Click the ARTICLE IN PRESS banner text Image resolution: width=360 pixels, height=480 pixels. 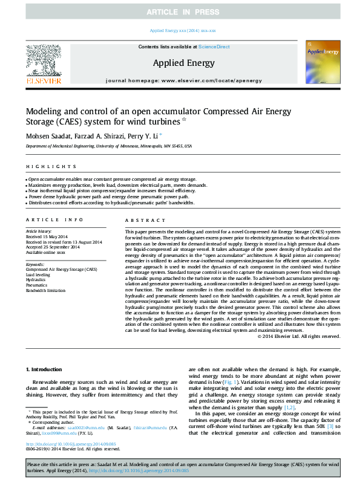180,11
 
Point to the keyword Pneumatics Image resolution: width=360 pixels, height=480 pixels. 36,284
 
